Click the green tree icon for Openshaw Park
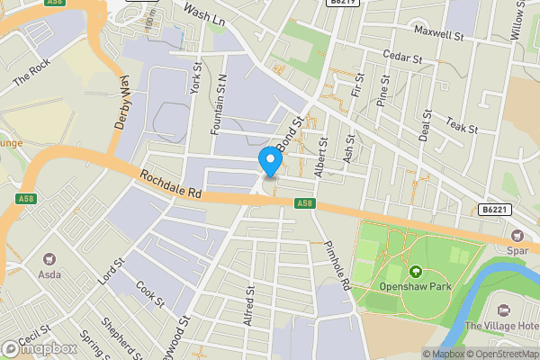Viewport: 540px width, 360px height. coord(416,272)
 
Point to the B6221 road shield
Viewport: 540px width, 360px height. coord(491,209)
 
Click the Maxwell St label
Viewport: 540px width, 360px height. coord(438,34)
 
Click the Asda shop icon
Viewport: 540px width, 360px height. coord(49,260)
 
